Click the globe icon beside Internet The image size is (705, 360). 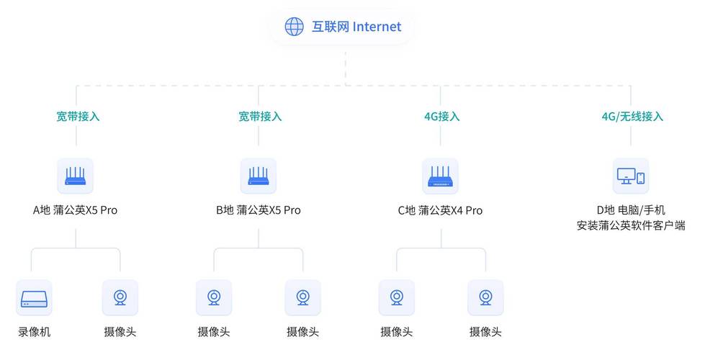coord(294,27)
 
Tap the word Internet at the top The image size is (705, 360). coord(377,27)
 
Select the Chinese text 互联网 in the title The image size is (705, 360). coord(331,27)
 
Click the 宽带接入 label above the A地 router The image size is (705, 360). coord(78,117)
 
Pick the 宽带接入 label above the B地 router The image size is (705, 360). coord(260,117)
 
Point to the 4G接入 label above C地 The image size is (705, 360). coord(442,117)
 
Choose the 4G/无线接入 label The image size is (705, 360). coord(632,117)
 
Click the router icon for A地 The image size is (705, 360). coord(75,176)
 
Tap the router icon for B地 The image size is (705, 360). coord(259,176)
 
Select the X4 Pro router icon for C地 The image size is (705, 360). coord(440,176)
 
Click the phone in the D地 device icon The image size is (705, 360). coord(641,178)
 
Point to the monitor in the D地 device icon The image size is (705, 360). coord(626,176)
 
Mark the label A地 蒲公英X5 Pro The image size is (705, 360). coord(75,210)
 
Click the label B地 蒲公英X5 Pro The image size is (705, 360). coord(259,210)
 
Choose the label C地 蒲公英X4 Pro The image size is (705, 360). coord(440,210)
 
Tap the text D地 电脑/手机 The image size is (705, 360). coord(631,210)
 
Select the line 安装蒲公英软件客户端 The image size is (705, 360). coord(631,225)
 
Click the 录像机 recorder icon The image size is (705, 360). coord(34,298)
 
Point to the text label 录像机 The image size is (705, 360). coord(34,332)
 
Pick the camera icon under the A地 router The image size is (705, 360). coord(120,297)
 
